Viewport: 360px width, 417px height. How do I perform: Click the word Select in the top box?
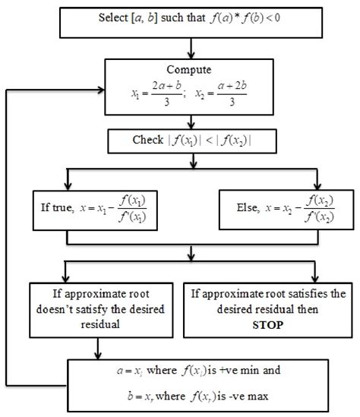click(114, 17)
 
